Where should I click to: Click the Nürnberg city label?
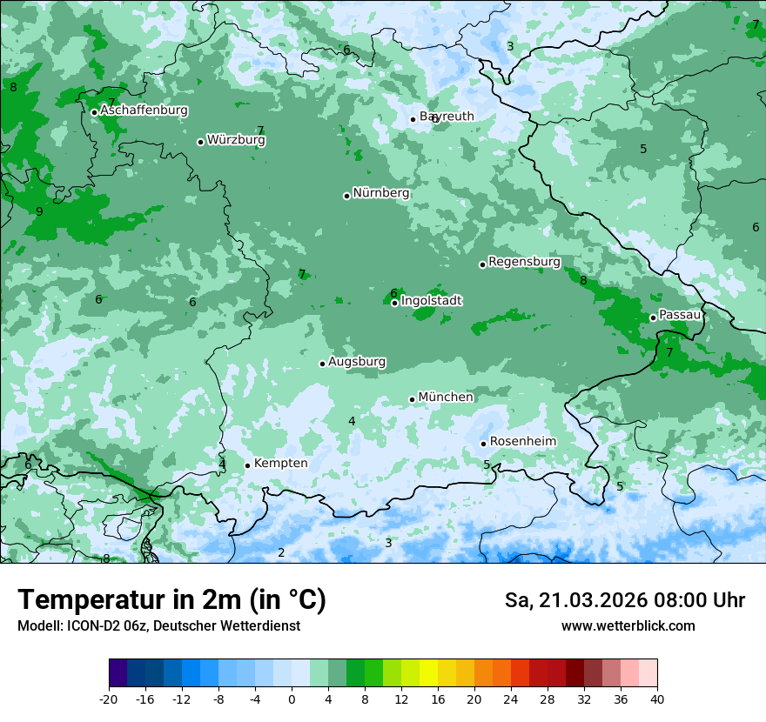381,193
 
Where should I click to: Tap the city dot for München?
413,399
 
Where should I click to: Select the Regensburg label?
524,261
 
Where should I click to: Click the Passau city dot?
653,318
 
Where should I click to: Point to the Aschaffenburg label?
144,110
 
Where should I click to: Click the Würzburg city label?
236,140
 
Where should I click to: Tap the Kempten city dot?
247,465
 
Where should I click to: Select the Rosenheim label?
522,441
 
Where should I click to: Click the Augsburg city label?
357,362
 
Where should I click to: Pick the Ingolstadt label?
431,301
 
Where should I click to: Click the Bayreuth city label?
447,117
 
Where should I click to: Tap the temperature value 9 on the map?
39,211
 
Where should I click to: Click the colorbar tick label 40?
656,699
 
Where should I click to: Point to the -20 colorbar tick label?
109,699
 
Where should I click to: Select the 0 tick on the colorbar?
292,699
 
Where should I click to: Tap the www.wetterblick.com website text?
628,625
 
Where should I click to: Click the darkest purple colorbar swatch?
118,673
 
